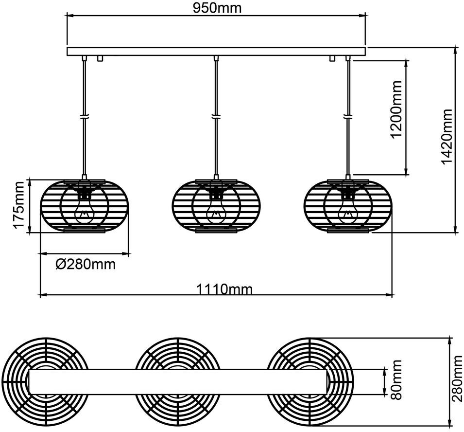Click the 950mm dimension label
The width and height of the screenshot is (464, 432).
point(217,8)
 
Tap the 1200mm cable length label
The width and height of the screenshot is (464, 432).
point(396,109)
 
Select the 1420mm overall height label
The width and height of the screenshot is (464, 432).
point(446,136)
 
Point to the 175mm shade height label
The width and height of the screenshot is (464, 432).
point(18,205)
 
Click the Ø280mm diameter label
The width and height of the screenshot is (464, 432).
point(86,264)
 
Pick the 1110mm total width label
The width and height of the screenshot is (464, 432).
point(224,289)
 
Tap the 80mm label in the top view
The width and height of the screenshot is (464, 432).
point(396,379)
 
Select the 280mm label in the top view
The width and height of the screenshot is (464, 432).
point(457,382)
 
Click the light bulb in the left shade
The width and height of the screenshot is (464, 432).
point(85,211)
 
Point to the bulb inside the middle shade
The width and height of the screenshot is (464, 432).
point(216,211)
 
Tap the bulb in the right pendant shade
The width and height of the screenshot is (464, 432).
point(348,211)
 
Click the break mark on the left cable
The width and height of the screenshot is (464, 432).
point(85,116)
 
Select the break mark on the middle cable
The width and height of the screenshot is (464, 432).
point(216,116)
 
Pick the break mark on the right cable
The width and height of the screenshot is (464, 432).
point(348,116)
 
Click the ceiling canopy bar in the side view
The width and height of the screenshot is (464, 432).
point(216,52)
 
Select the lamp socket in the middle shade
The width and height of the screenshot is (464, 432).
point(216,194)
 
